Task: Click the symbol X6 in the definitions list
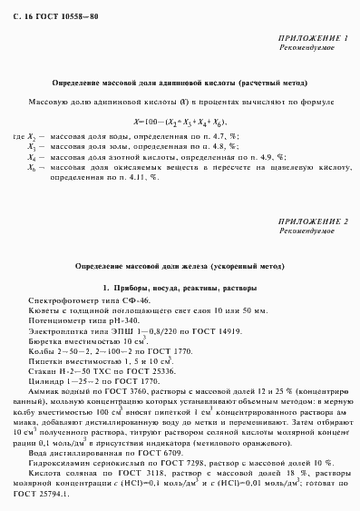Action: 32,168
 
